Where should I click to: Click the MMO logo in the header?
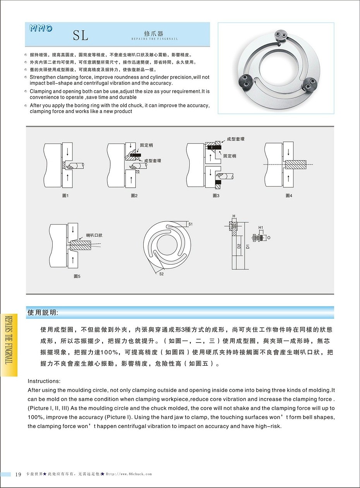(41, 28)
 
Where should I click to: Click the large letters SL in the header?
(81, 36)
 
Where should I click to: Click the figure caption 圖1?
(65, 196)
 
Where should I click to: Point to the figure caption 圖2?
(134, 196)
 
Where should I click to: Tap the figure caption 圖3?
(216, 196)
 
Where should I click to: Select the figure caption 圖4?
(289, 196)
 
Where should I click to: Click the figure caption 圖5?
(77, 276)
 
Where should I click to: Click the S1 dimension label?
(190, 224)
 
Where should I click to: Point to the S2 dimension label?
(161, 274)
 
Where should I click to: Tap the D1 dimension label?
(248, 245)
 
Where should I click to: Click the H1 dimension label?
(261, 228)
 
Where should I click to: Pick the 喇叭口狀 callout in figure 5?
(94, 235)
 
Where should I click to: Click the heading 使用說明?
(43, 312)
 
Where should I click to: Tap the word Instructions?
(44, 381)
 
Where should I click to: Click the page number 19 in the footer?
(18, 474)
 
